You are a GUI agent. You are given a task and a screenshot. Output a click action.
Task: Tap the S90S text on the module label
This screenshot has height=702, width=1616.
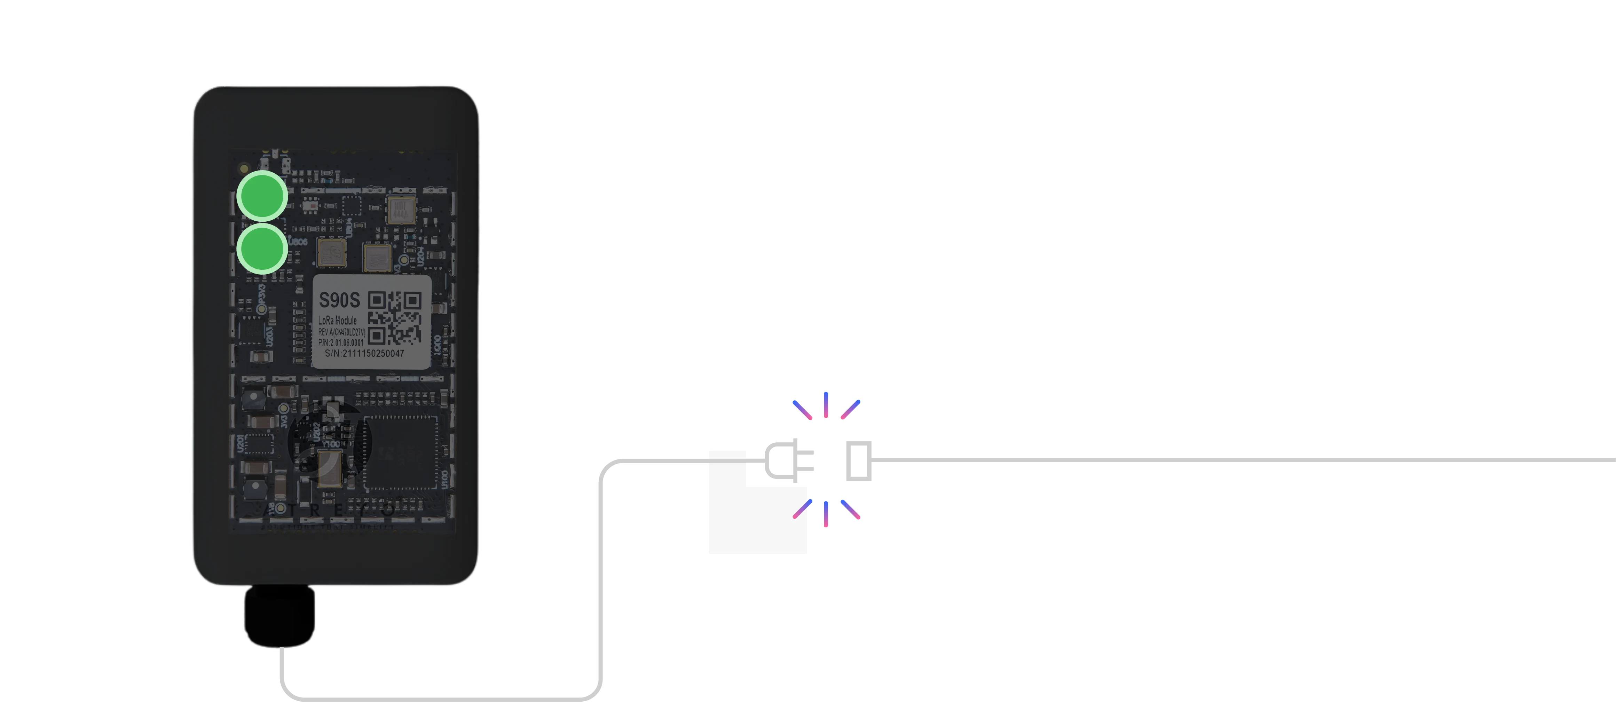pos(339,300)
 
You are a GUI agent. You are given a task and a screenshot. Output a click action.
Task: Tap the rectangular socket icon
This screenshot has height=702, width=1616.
pos(857,460)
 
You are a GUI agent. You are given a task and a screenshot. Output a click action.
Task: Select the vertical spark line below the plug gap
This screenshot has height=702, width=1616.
pos(826,514)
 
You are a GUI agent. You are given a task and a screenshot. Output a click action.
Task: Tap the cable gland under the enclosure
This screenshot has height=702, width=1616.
pos(278,615)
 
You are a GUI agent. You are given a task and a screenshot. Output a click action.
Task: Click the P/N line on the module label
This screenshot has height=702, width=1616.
pos(341,342)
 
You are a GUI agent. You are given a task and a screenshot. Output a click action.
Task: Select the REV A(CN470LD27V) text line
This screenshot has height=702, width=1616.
pos(341,331)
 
